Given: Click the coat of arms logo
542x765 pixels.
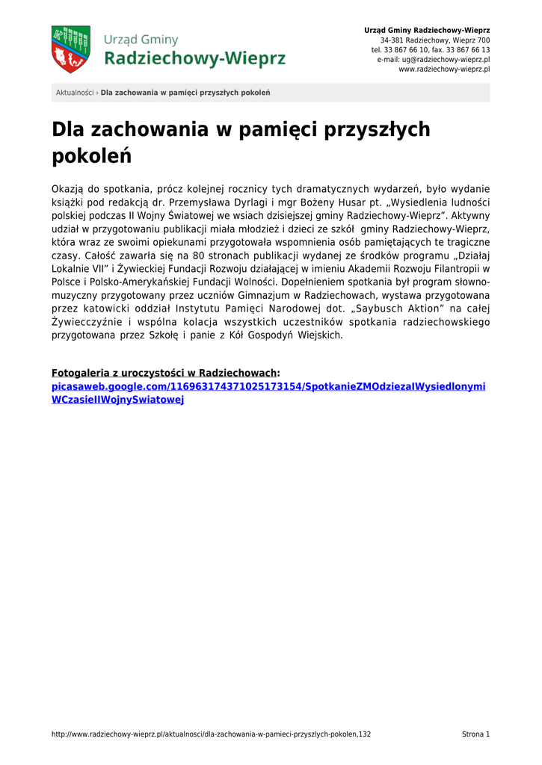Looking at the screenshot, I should pyautogui.click(x=70, y=49).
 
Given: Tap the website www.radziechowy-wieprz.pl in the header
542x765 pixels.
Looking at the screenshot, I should pyautogui.click(x=444, y=69).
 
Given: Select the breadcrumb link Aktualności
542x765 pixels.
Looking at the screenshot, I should pyautogui.click(x=74, y=93).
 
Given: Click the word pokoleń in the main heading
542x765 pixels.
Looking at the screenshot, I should pyautogui.click(x=91, y=157).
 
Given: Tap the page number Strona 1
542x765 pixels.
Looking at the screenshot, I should pyautogui.click(x=475, y=734).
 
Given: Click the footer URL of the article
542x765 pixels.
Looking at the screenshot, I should pyautogui.click(x=211, y=734).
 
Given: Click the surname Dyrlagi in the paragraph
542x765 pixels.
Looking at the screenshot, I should pyautogui.click(x=258, y=202).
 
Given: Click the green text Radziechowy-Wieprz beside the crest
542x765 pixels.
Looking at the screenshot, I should pyautogui.click(x=194, y=58).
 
